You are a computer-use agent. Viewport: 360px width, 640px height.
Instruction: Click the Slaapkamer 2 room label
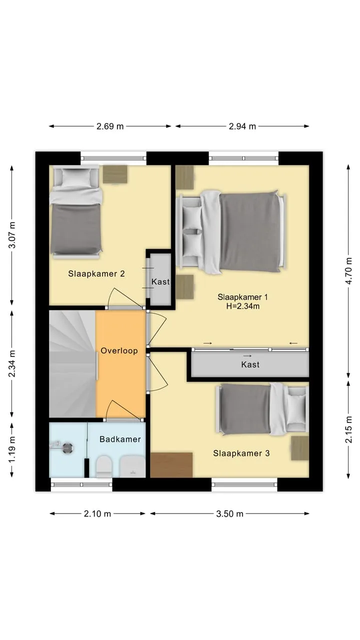click(x=96, y=273)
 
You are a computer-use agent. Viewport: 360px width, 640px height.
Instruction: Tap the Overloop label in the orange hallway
click(x=119, y=350)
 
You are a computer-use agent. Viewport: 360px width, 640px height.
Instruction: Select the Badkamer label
click(x=120, y=439)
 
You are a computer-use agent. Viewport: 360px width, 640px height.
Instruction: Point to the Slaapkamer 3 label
click(x=241, y=453)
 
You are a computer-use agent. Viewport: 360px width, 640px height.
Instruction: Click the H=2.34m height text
click(x=243, y=306)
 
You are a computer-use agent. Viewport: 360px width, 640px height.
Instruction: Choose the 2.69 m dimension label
click(x=110, y=126)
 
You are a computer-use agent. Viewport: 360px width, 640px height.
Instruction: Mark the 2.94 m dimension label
click(x=242, y=126)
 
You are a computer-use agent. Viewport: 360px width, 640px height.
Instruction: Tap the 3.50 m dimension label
click(x=229, y=514)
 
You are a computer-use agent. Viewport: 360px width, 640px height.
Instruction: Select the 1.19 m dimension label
click(x=12, y=449)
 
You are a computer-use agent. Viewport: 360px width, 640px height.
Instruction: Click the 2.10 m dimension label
click(x=97, y=514)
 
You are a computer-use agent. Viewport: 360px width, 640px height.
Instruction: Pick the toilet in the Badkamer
click(x=103, y=466)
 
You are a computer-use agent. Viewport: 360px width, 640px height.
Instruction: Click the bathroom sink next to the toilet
click(x=132, y=466)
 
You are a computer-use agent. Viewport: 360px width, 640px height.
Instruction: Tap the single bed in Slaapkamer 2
click(x=75, y=213)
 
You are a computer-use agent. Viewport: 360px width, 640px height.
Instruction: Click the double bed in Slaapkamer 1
click(x=231, y=231)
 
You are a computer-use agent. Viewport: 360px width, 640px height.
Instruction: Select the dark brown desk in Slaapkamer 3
click(x=171, y=465)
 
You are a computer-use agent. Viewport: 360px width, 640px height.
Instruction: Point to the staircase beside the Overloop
click(x=72, y=364)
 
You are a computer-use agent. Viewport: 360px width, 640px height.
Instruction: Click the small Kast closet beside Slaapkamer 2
click(x=160, y=279)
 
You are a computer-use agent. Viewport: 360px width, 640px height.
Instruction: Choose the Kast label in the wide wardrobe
click(x=250, y=364)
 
